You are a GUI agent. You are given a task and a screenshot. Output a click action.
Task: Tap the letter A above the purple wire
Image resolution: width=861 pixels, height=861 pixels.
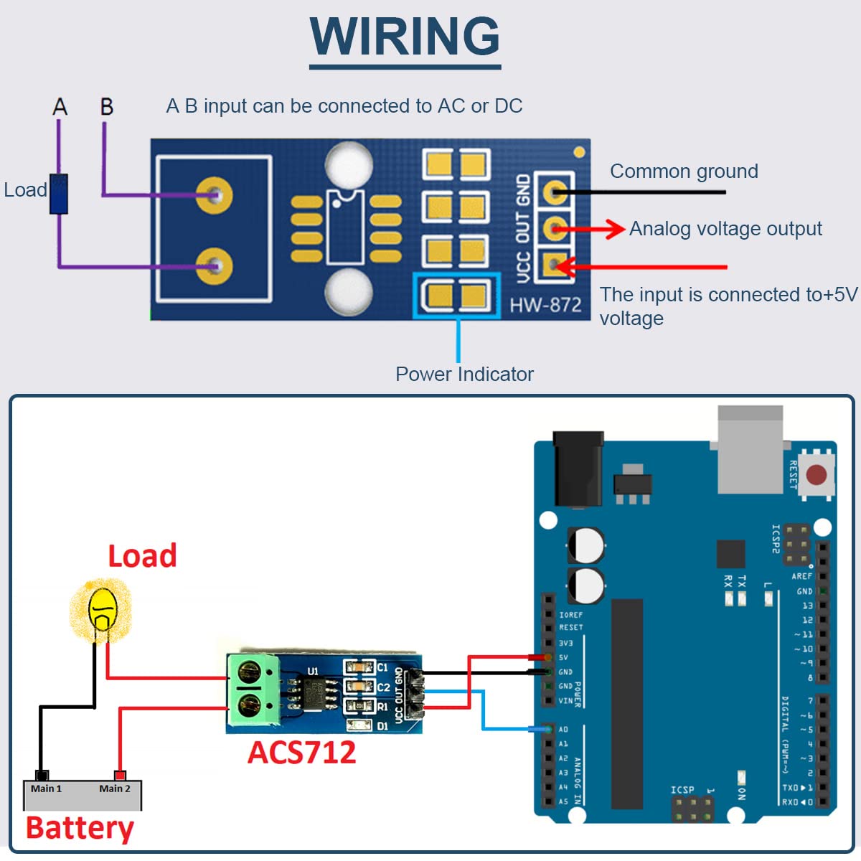coord(60,107)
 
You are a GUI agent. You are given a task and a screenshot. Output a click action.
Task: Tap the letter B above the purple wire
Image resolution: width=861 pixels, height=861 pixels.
coord(107,107)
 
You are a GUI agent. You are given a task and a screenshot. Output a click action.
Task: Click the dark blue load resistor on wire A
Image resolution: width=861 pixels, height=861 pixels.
coord(59,194)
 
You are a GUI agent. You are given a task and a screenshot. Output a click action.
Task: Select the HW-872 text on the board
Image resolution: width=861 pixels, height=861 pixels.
coord(545,305)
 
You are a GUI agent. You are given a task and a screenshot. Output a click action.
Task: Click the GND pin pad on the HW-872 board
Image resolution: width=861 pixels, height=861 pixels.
coord(554,192)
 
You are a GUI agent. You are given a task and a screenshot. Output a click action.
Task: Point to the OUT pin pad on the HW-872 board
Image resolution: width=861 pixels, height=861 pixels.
coord(554,229)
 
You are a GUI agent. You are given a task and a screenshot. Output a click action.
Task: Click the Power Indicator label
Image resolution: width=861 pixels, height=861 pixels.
coord(464,374)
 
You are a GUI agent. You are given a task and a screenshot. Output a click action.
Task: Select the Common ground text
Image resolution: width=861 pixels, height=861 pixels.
coord(684,171)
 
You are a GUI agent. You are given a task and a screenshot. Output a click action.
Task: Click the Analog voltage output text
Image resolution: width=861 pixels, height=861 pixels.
coord(725,229)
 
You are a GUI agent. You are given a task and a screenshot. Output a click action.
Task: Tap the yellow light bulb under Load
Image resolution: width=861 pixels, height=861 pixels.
coord(103,609)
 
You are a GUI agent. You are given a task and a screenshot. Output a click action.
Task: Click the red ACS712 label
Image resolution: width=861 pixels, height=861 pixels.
coord(301,753)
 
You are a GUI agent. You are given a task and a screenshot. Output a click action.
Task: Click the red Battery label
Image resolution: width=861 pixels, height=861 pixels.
coord(80,828)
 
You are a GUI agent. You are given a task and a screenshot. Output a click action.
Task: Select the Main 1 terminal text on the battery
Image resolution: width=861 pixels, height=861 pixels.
coord(46,789)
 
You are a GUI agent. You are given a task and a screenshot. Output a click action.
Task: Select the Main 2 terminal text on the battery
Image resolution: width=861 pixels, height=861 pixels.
coord(115,789)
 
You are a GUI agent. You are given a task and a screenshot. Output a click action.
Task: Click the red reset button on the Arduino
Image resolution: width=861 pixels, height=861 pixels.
coord(817,474)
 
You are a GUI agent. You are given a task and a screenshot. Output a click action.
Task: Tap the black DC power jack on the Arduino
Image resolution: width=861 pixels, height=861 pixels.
coord(578,469)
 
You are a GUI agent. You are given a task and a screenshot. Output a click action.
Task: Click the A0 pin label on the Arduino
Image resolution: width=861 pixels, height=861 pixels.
coord(563,730)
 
